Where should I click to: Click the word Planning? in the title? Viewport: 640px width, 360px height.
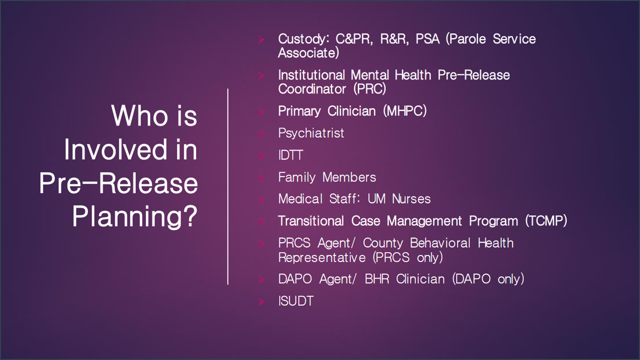click(x=134, y=216)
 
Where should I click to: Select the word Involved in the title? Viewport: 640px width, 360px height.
click(x=115, y=149)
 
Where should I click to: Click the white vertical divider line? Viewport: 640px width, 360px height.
click(x=227, y=186)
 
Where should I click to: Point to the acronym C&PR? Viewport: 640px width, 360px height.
click(x=354, y=39)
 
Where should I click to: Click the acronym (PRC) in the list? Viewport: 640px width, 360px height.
click(x=369, y=89)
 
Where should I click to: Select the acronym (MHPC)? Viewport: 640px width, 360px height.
click(x=405, y=111)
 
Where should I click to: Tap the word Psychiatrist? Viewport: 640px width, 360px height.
click(x=311, y=133)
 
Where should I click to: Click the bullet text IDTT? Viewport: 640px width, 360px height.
click(x=290, y=155)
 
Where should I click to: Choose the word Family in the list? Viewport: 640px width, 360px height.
click(x=297, y=177)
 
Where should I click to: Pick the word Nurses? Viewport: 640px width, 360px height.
click(x=411, y=199)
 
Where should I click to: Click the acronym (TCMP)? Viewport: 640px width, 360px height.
click(x=546, y=221)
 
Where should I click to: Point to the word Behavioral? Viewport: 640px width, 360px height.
click(x=440, y=243)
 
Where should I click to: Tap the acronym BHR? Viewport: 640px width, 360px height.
click(x=377, y=279)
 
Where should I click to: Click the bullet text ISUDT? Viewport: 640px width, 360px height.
click(x=295, y=301)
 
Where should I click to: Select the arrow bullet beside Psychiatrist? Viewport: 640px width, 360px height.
click(x=261, y=133)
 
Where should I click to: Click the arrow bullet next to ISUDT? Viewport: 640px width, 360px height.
click(x=261, y=301)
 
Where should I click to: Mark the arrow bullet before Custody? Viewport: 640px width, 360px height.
click(x=261, y=39)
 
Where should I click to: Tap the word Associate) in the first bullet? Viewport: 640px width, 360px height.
click(x=308, y=53)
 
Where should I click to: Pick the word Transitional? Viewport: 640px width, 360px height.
click(x=311, y=221)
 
